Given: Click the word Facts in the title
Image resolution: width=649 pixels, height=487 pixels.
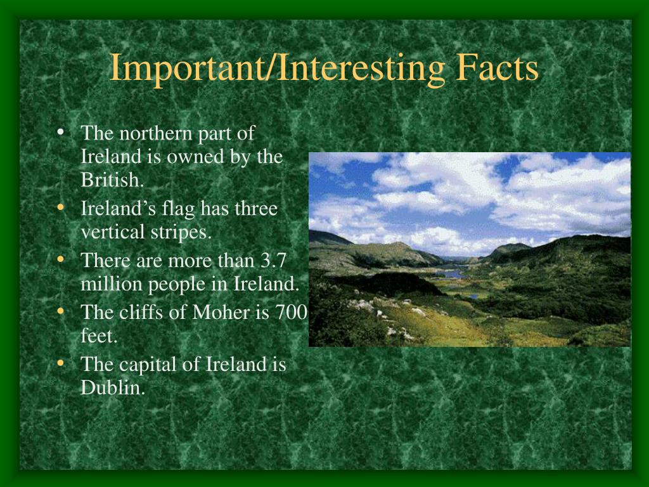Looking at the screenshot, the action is [497, 67].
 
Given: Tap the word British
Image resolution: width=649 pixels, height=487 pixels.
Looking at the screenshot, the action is [112, 179].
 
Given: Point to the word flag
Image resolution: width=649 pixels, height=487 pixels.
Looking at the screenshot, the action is [178, 209].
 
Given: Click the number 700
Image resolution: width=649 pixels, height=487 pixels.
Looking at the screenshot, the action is [292, 312].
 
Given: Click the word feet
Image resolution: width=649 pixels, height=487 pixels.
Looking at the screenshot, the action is [99, 336].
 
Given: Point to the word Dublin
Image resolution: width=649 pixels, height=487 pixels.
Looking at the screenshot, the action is [113, 387].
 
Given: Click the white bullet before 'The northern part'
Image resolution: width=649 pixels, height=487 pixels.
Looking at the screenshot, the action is [61, 132].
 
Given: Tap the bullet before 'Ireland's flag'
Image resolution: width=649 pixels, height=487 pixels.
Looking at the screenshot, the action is [61, 207].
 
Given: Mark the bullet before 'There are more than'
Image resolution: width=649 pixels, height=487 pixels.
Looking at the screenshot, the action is [61, 259].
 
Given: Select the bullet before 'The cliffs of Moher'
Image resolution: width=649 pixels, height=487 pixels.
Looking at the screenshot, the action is [61, 311].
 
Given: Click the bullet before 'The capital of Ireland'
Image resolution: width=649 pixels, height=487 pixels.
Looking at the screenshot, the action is [61, 363].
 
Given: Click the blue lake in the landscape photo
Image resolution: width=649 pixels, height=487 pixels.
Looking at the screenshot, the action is [452, 274].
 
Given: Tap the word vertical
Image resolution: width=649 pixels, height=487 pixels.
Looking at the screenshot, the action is [113, 231].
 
